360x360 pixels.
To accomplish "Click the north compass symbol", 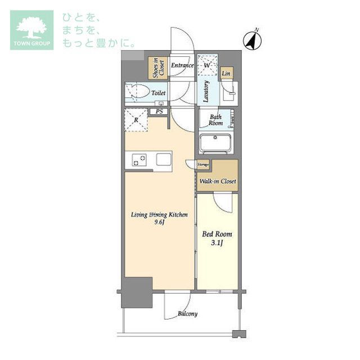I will pyautogui.click(x=251, y=39).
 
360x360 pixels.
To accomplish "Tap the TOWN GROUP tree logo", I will pyautogui.click(x=31, y=29).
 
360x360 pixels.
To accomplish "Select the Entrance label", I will pyautogui.click(x=182, y=66).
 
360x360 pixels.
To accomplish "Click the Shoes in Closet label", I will pyautogui.click(x=157, y=68).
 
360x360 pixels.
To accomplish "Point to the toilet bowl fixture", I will pyautogui.click(x=137, y=92).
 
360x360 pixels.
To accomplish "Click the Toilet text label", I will pyautogui.click(x=157, y=92).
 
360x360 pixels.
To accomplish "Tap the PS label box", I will pyautogui.click(x=160, y=112).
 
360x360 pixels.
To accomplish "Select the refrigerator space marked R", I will pyautogui.click(x=136, y=119).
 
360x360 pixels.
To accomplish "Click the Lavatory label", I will pyautogui.click(x=207, y=91).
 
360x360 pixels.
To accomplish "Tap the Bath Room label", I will pyautogui.click(x=215, y=120).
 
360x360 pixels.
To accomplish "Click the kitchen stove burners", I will pyautogui.click(x=138, y=160).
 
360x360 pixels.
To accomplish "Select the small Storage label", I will pyautogui.click(x=203, y=164).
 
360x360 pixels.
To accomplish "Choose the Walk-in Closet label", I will pyautogui.click(x=218, y=181).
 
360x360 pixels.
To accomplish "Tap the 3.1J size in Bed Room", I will pyautogui.click(x=217, y=244).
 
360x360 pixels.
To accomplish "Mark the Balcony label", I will pyautogui.click(x=187, y=313).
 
